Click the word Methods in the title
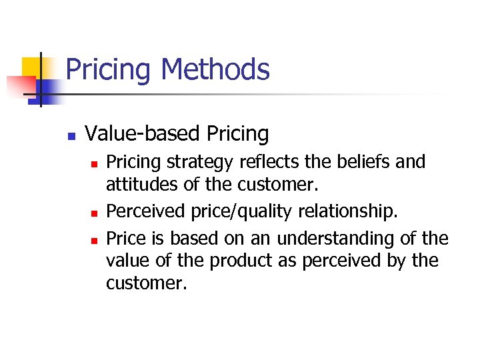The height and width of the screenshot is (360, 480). tap(215, 69)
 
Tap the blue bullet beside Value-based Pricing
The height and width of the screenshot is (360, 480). tap(71, 135)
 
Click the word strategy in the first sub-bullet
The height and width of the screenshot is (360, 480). tap(197, 163)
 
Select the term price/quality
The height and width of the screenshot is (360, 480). tap(231, 212)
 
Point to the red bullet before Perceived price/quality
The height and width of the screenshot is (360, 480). tap(95, 213)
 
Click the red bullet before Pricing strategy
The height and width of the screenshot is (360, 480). tap(95, 163)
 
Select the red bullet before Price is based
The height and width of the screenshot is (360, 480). tap(95, 239)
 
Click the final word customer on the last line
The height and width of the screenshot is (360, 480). tap(145, 283)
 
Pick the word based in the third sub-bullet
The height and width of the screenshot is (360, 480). tap(193, 238)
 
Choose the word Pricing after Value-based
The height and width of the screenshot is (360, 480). tap(238, 134)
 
